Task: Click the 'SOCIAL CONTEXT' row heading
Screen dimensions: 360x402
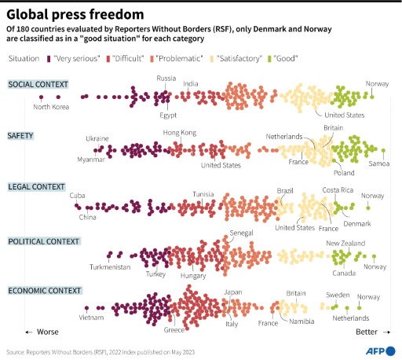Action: [x=38, y=84]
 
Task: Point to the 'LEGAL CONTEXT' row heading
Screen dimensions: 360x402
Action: [x=35, y=186]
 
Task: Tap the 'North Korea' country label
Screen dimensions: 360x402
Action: [x=52, y=108]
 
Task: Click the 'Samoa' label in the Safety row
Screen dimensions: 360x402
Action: [x=378, y=163]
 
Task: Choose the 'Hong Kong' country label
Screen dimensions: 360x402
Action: [x=179, y=133]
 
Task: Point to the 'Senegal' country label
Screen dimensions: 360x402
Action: [x=241, y=234]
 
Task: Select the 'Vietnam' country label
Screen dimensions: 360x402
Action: [x=92, y=318]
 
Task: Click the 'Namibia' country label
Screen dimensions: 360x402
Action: [x=299, y=321]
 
